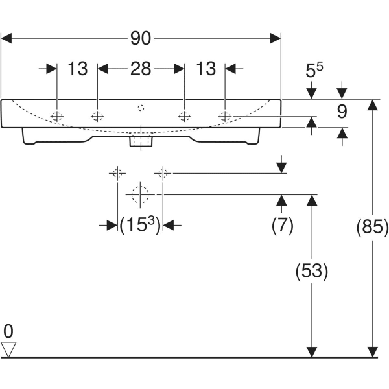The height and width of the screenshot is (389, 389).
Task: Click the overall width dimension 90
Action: tap(141, 39)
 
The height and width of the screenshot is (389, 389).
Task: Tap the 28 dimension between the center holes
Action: tap(141, 68)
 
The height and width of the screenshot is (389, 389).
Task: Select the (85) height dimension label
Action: tap(373, 228)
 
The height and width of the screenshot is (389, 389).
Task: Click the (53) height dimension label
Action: tap(312, 270)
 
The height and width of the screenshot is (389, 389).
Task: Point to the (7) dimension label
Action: tap(282, 225)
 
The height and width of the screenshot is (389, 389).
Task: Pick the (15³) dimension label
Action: tap(140, 225)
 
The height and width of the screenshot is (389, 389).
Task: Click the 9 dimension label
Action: tap(342, 112)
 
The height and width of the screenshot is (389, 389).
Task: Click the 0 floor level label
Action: tap(8, 331)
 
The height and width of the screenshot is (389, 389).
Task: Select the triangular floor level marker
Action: tap(8, 349)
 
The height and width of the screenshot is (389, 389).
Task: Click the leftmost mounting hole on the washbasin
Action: tap(57, 117)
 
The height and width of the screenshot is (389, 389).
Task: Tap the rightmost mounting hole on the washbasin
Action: tap(225, 117)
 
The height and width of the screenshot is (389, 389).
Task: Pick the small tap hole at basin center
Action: tap(141, 106)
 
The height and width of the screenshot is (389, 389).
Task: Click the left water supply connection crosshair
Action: tap(117, 173)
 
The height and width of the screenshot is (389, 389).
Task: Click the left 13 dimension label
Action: tap(77, 68)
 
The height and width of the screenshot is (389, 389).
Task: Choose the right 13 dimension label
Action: tap(205, 68)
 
